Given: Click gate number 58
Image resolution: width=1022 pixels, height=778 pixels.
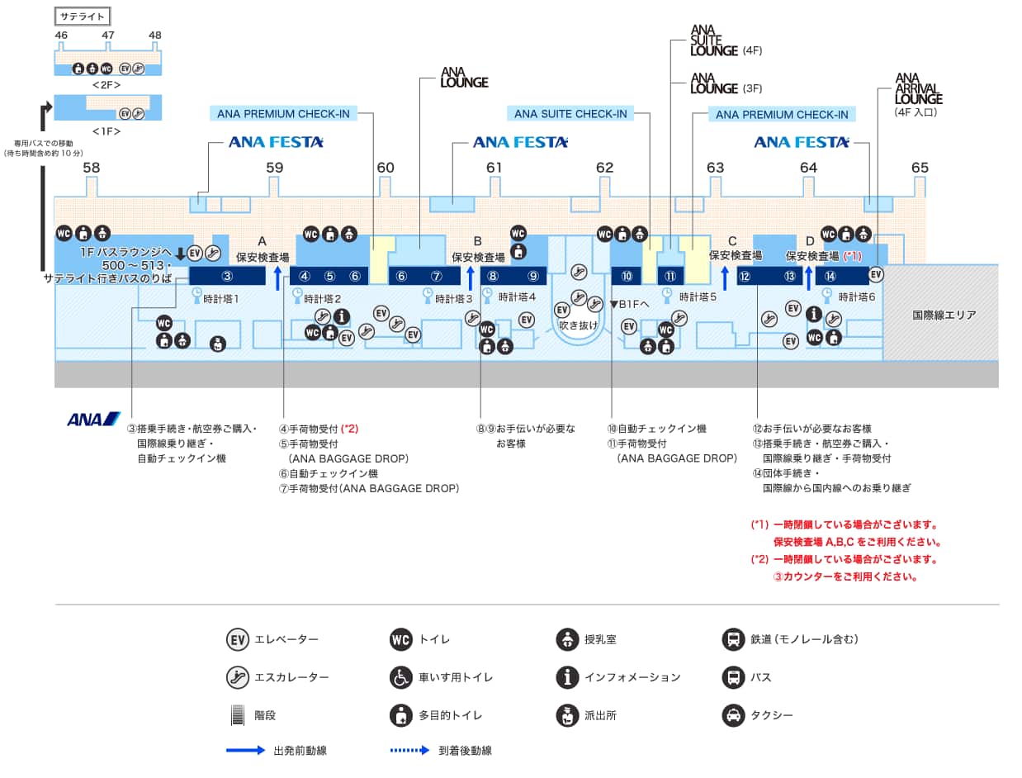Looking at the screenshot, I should [x=91, y=168].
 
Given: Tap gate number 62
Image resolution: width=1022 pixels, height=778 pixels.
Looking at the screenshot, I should [x=604, y=168].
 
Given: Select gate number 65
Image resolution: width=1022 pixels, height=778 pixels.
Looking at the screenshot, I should [x=920, y=168].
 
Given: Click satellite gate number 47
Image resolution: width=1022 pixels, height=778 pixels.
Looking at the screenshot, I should [x=108, y=36].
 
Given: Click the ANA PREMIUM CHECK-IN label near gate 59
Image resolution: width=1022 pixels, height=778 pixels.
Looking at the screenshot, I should [x=283, y=114].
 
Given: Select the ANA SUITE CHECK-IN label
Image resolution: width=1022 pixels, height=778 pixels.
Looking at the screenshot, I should [x=570, y=114].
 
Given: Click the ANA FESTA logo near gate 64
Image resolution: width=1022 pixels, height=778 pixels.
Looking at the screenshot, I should [x=801, y=143].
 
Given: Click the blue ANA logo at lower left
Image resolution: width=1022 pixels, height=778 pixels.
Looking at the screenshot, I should [x=93, y=420].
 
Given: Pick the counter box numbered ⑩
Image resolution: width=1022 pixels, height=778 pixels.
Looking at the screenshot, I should [x=627, y=276].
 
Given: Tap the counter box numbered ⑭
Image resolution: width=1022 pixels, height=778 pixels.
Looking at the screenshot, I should [x=830, y=276].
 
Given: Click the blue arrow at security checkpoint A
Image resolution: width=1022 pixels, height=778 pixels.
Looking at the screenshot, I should [x=277, y=278].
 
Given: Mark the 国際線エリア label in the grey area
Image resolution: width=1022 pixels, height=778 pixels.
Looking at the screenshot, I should [x=944, y=315].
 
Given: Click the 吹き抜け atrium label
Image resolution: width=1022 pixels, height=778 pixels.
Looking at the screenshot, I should [x=578, y=325].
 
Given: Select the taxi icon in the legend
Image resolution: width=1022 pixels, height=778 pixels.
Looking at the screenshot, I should [x=731, y=715].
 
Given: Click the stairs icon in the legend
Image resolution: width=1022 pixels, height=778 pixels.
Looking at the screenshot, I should [x=238, y=715].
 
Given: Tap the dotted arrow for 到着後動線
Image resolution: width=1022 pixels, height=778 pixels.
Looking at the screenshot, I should [x=410, y=751].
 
